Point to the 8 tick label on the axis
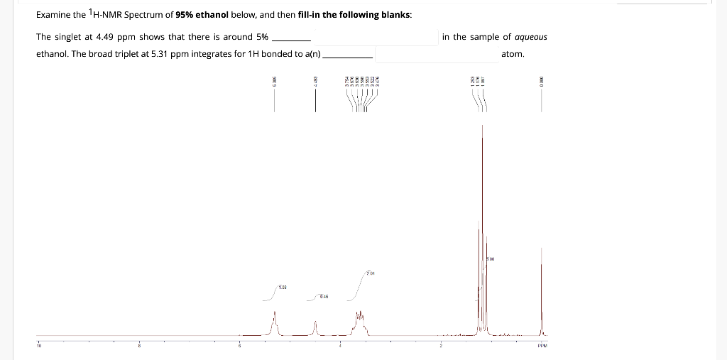click(x=139, y=346)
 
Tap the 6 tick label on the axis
click(x=239, y=346)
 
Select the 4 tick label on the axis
click(x=339, y=346)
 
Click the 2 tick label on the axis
click(x=440, y=346)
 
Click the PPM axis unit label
click(x=542, y=346)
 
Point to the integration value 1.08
click(x=282, y=286)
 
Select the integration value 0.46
click(x=323, y=295)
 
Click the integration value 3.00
click(x=490, y=259)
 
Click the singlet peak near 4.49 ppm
click(x=315, y=323)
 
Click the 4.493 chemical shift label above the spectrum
click(x=315, y=82)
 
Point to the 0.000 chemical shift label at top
click(x=541, y=82)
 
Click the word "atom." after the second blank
click(x=513, y=54)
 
